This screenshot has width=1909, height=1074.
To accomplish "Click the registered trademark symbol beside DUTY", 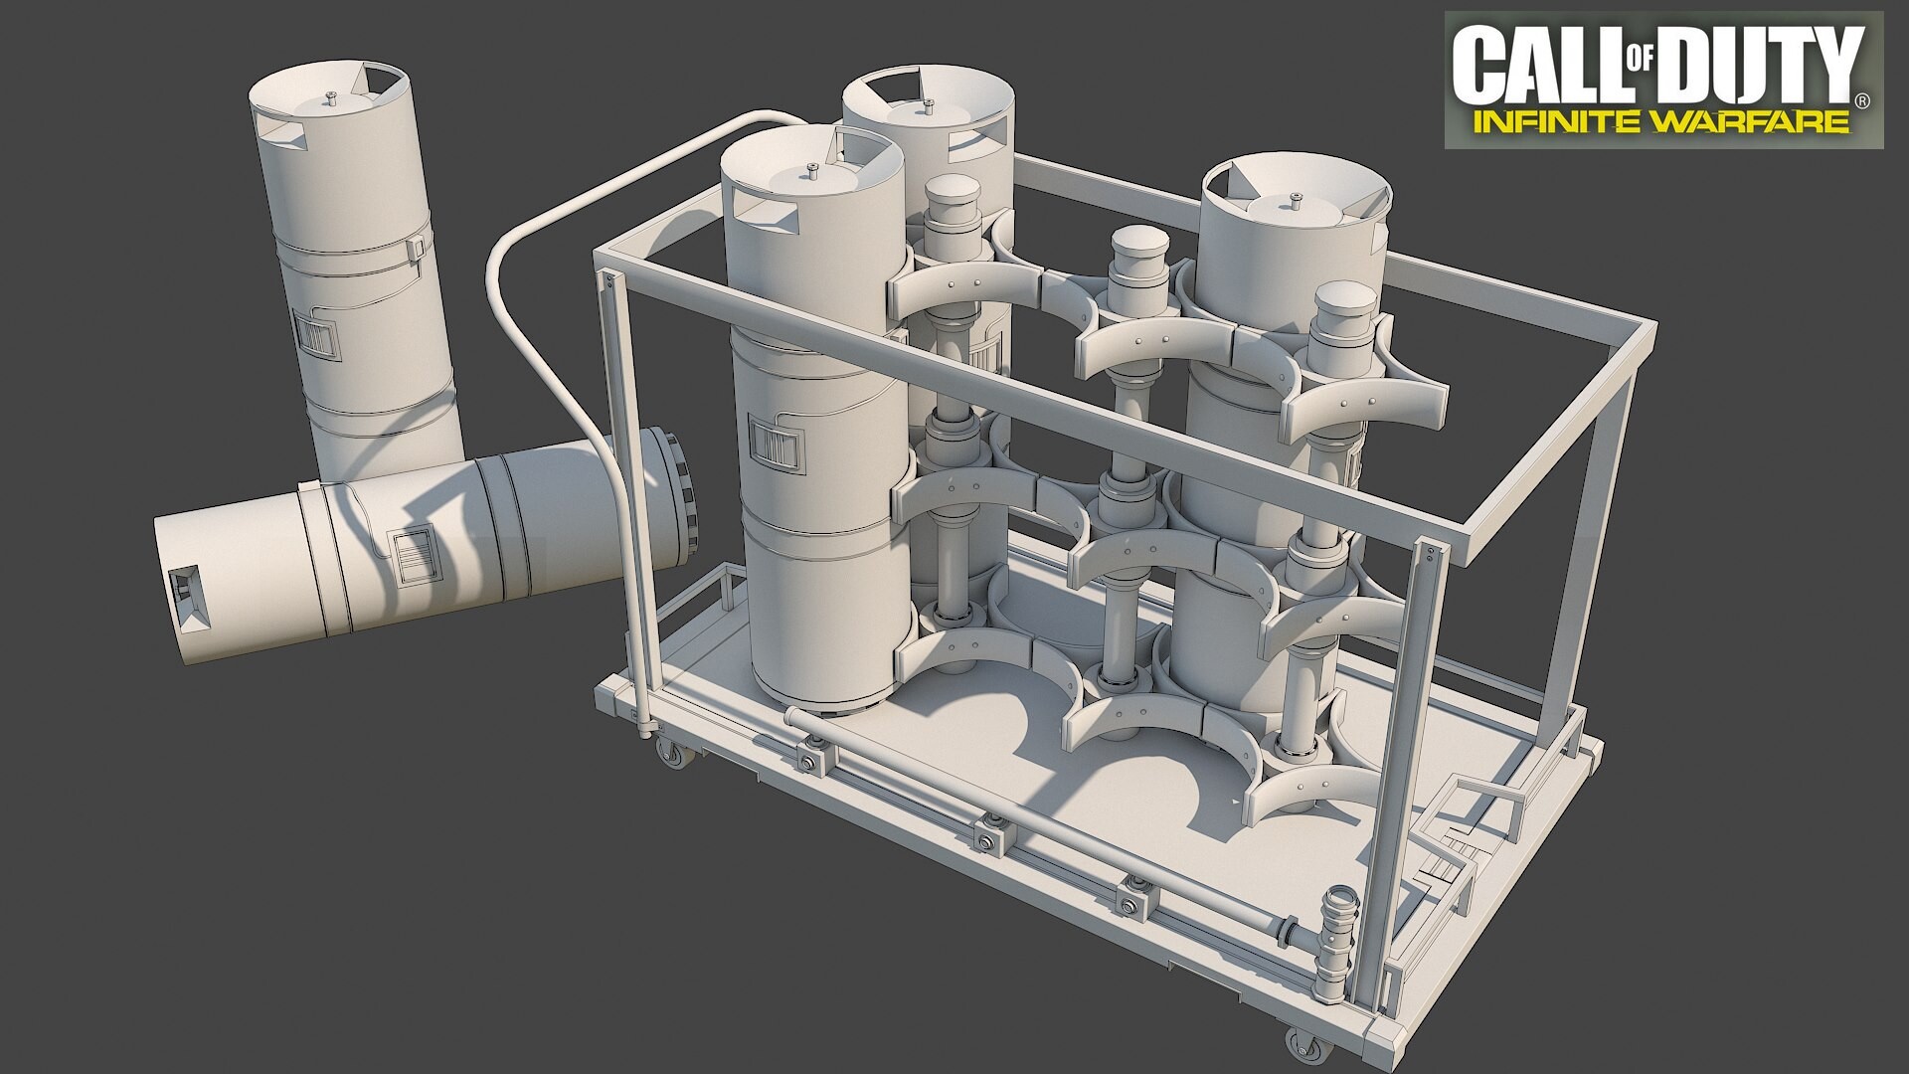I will (1862, 99).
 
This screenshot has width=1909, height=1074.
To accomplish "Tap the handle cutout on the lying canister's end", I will (189, 595).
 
